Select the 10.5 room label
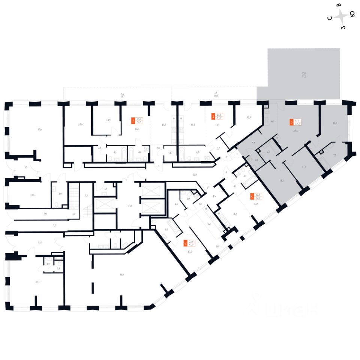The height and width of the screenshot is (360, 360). pos(108,120)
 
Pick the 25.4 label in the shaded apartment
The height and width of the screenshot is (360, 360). pos(295,131)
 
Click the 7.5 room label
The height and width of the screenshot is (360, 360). pos(334,155)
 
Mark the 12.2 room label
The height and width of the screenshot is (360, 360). pos(235,214)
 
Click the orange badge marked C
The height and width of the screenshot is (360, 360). pos(252,196)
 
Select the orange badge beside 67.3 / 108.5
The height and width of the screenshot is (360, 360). pos(292,122)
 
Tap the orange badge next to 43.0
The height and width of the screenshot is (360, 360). pos(133,121)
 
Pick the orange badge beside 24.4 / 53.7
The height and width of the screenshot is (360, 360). pos(213,116)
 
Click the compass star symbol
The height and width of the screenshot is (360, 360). pos(341,16)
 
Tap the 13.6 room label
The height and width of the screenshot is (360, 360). pos(33,195)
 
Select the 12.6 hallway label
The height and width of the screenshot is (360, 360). pos(40,243)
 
